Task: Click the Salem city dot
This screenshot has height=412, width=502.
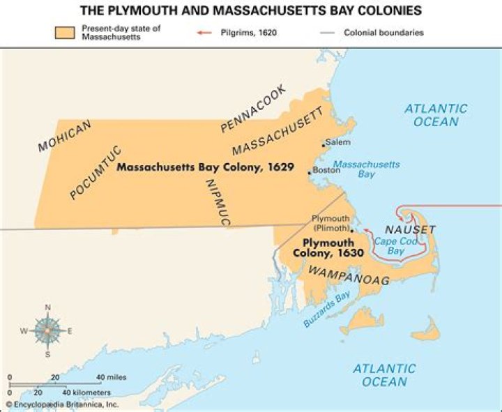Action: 324,145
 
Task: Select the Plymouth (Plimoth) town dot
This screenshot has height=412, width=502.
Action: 351,229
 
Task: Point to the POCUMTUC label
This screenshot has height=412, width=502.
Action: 96,172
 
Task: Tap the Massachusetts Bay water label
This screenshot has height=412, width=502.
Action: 366,169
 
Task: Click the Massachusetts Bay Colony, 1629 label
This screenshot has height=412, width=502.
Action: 204,168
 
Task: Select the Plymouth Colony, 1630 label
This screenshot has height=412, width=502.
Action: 330,248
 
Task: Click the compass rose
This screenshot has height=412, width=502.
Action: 47,330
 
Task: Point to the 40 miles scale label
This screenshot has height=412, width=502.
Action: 111,377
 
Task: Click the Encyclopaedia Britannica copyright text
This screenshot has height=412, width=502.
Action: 63,404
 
